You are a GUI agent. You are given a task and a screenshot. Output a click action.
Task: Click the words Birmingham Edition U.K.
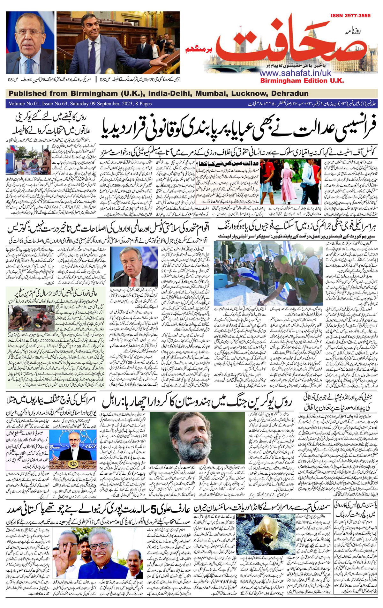coord(302,80)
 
